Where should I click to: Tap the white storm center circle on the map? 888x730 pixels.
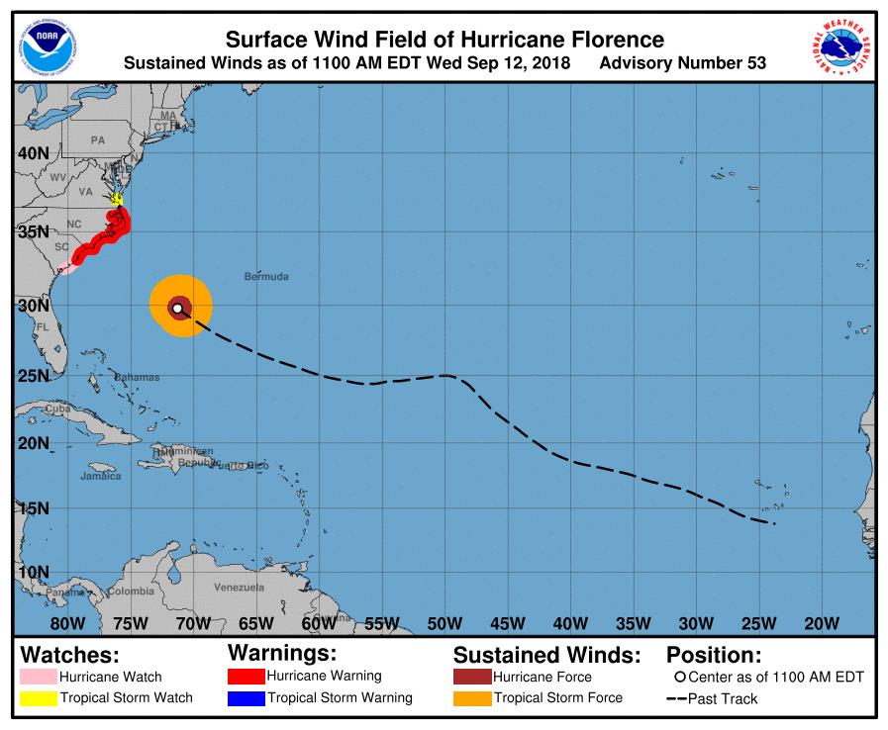[177, 309]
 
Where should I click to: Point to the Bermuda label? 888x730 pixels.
[266, 276]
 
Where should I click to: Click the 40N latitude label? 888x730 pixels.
[34, 153]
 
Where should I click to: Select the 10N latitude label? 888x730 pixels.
[34, 572]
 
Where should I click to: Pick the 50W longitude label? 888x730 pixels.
[444, 623]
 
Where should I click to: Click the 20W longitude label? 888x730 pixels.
[821, 623]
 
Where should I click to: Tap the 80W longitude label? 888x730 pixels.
[67, 623]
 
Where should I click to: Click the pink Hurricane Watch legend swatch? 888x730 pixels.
[38, 678]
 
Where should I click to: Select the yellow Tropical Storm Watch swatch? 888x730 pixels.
[38, 698]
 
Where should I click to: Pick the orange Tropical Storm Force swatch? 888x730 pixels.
[471, 698]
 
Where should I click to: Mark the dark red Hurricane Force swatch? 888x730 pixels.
[471, 678]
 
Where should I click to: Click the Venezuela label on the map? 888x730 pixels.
[239, 588]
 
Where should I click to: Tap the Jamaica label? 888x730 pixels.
[100, 476]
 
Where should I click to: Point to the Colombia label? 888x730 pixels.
[131, 592]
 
